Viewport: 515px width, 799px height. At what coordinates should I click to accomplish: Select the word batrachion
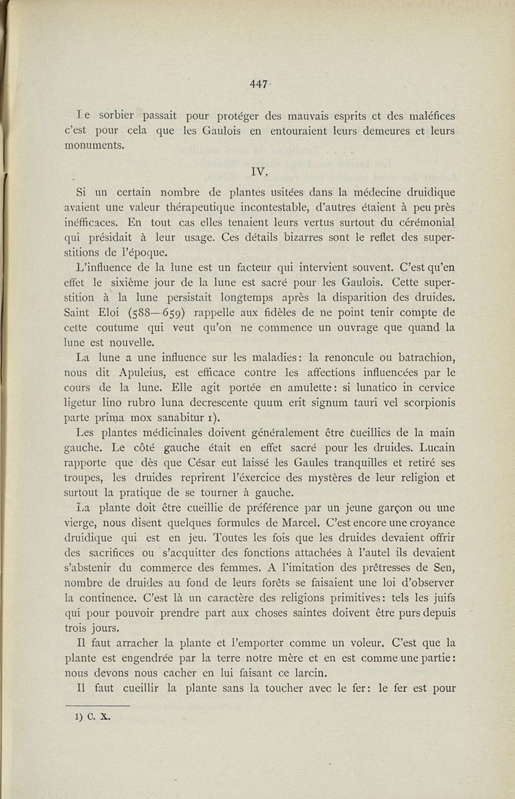click(421, 357)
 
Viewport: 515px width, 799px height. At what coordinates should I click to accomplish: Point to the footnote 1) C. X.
click(93, 715)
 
